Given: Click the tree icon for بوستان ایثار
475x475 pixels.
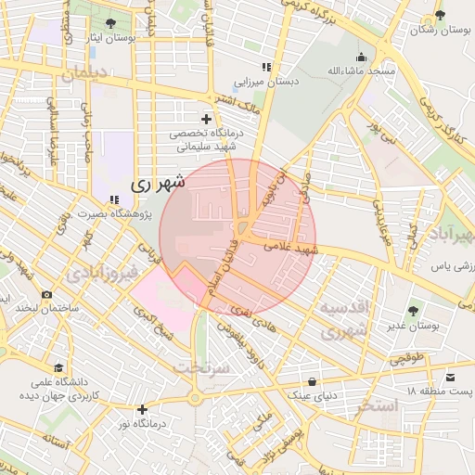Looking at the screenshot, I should tap(111, 22).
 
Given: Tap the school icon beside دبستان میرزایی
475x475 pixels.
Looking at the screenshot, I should tap(266, 67).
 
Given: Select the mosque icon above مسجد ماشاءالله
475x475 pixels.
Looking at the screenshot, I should tap(361, 56).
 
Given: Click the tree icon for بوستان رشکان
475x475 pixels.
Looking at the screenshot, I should tap(440, 16).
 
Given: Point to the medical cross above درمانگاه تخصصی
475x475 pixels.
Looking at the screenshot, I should tap(206, 119).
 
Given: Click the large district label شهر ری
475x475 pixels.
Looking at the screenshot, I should tap(159, 183).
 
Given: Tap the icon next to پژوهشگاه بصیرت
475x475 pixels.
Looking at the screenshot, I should tap(113, 199).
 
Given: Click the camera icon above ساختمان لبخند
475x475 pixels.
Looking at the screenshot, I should tap(46, 295).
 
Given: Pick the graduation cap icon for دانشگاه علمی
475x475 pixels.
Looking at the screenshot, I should tap(59, 368).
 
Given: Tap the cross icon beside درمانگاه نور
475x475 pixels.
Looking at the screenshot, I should tap(142, 409).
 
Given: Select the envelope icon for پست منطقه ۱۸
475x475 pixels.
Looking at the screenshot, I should tap(451, 377).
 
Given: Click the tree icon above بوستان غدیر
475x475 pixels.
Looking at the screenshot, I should tap(413, 310).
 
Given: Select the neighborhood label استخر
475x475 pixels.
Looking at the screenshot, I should tap(376, 406).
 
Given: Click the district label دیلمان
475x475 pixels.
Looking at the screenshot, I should tap(83, 73).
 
